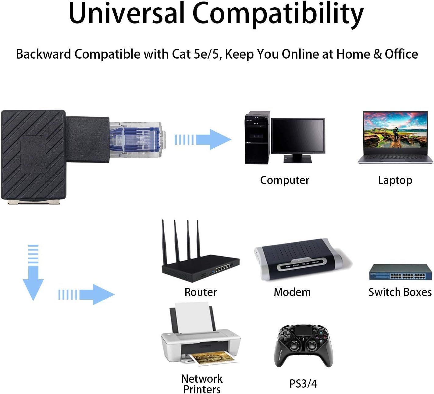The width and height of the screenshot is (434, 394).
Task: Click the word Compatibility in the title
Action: [278, 14]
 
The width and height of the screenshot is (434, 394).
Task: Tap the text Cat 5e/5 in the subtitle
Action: [197, 54]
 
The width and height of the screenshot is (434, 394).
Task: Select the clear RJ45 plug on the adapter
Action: [137, 139]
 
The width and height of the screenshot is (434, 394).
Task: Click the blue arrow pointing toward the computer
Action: [203, 139]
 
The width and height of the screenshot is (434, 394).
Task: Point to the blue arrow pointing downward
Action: [33, 273]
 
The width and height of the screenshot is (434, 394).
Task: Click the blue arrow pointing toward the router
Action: [86, 295]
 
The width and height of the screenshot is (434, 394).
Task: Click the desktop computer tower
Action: [258, 138]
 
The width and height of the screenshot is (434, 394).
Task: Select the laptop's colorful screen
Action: [396, 130]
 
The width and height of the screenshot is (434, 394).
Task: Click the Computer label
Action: [285, 180]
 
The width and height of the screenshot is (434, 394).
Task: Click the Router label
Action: [201, 292]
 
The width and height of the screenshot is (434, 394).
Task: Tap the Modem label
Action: [292, 292]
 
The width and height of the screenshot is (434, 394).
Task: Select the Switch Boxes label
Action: [400, 292]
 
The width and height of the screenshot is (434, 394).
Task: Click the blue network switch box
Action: [400, 272]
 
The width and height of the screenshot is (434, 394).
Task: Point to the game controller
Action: [304, 346]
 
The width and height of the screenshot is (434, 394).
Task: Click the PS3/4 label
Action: [303, 384]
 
